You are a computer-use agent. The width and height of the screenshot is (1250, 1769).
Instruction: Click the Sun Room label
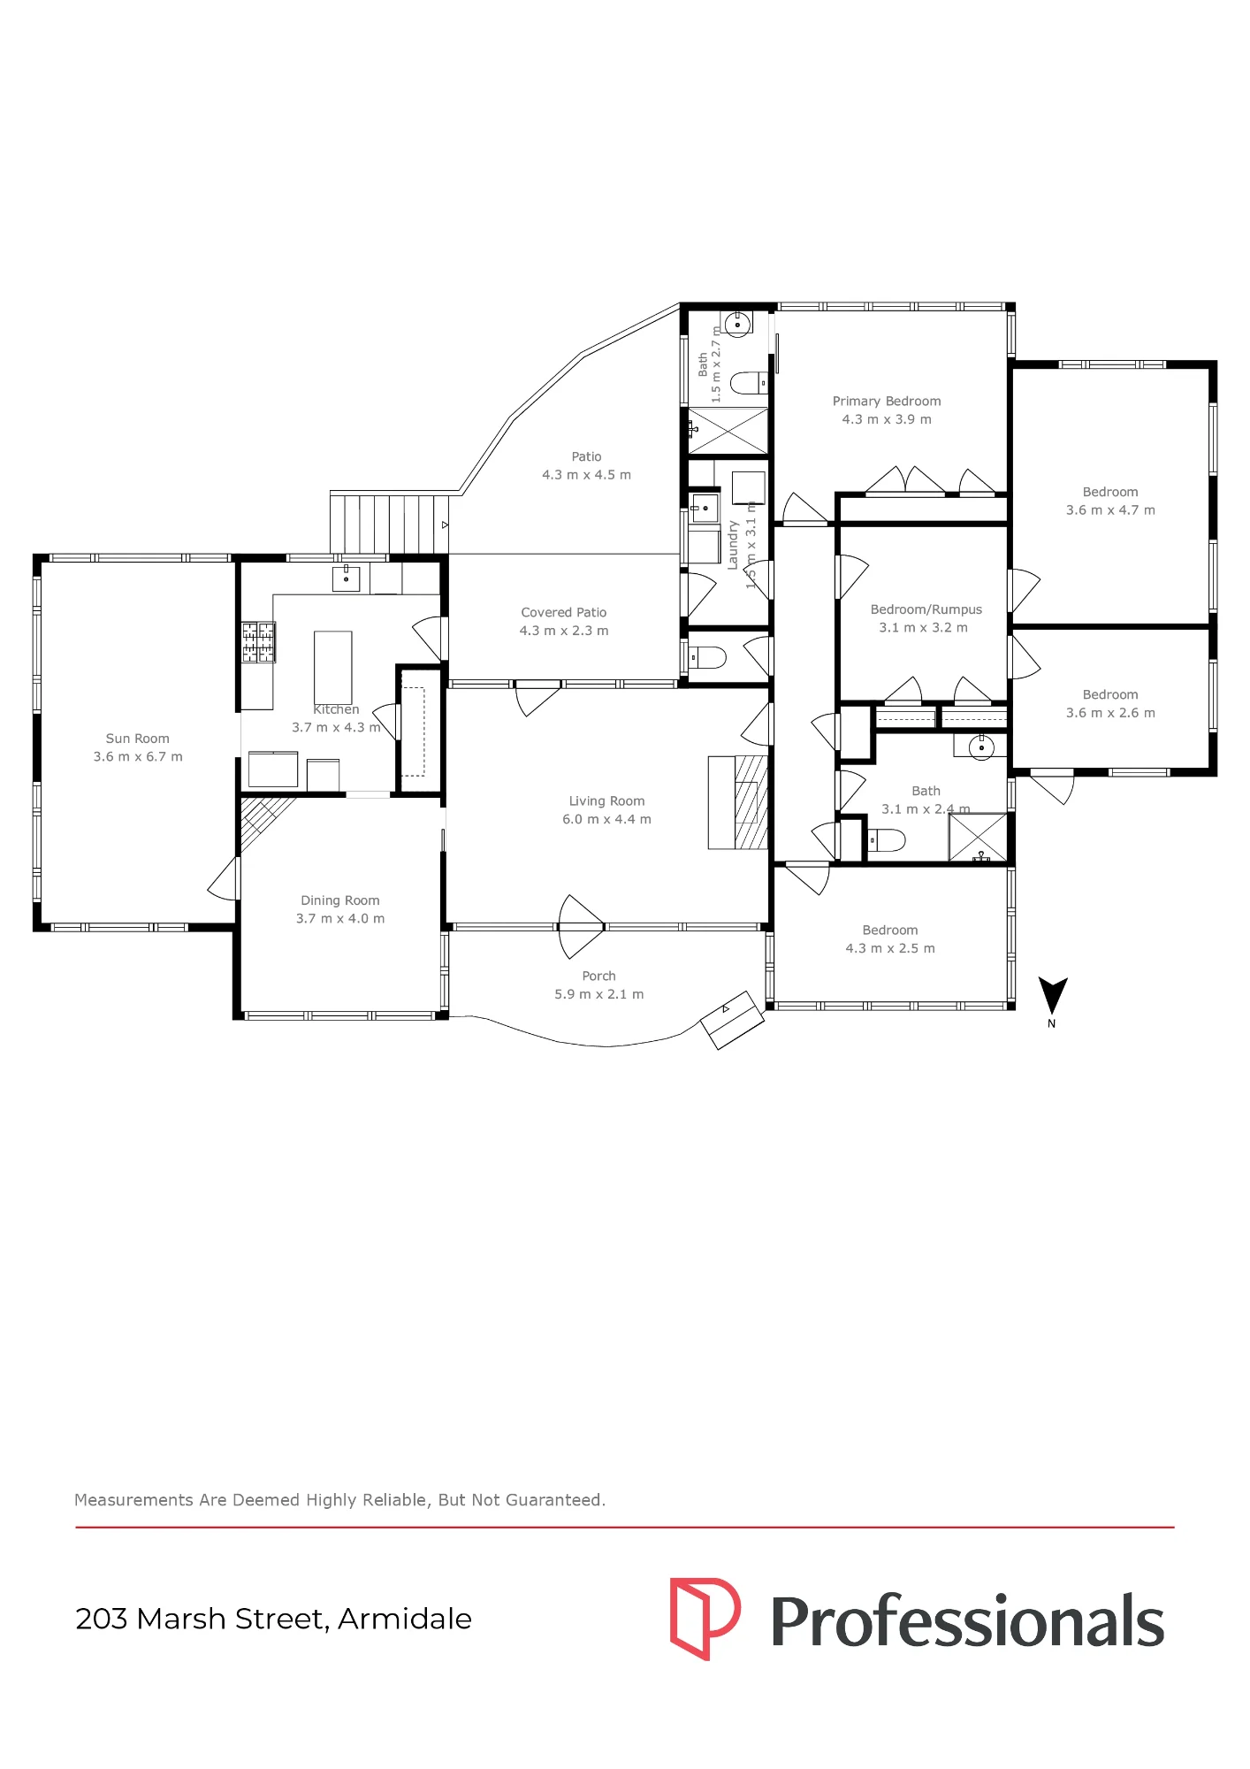click(x=137, y=739)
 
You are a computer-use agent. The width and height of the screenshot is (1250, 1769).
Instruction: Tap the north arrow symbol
click(x=1052, y=997)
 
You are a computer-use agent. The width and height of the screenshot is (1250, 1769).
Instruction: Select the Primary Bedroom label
click(x=887, y=402)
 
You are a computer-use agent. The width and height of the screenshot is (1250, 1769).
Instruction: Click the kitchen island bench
click(x=333, y=668)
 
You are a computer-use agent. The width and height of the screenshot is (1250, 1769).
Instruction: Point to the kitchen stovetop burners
click(x=258, y=642)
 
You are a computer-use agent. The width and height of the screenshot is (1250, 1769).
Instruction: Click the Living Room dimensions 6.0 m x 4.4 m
click(x=606, y=820)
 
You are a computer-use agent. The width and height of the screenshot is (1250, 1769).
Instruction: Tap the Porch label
click(x=598, y=976)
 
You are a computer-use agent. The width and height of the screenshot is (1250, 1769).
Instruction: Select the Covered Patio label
click(x=564, y=612)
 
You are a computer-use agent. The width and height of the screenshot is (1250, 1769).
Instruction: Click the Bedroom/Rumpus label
click(x=926, y=610)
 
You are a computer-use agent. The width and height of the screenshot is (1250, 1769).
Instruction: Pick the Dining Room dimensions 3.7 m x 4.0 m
click(x=340, y=919)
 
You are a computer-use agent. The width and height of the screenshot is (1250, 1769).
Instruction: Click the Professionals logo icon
click(x=705, y=1619)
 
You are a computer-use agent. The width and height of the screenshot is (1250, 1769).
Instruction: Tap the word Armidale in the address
click(x=405, y=1619)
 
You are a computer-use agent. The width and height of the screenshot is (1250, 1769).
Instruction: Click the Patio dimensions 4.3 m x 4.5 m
click(x=586, y=475)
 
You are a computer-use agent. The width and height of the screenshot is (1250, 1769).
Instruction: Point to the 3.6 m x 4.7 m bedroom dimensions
click(x=1110, y=510)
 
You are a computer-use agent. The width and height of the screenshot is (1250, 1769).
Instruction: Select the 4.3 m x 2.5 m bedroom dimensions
click(x=890, y=948)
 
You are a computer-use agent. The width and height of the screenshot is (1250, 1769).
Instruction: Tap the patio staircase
click(x=390, y=523)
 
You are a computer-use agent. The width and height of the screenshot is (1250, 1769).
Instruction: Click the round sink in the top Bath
click(x=737, y=324)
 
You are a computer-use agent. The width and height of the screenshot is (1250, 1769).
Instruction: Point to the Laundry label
click(x=733, y=545)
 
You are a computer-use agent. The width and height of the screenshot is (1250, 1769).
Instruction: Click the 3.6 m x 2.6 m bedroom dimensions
click(x=1110, y=713)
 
